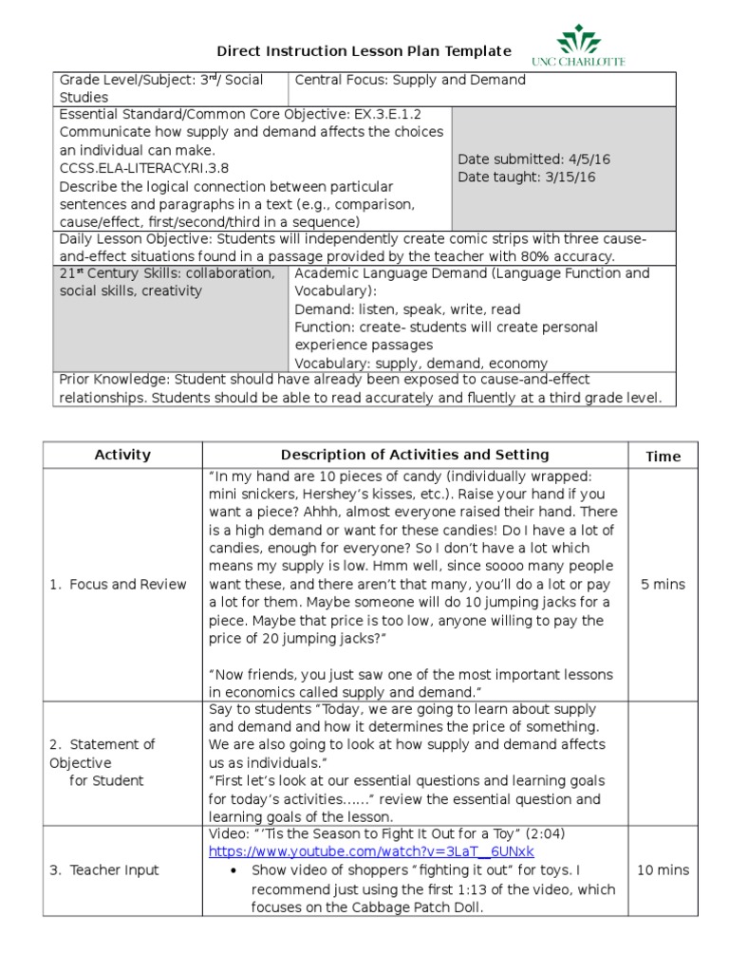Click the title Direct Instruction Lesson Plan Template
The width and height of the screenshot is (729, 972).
(364, 51)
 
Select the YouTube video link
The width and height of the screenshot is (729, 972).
(371, 851)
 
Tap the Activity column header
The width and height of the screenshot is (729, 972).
(122, 455)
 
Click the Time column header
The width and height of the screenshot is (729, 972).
(663, 456)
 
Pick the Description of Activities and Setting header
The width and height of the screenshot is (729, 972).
(415, 455)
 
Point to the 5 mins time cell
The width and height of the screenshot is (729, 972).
(663, 584)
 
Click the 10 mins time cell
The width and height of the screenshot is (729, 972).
(663, 869)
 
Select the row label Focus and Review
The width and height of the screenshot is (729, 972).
(118, 584)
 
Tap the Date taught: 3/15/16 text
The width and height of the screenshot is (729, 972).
(527, 177)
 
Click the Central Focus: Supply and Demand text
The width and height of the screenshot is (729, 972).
(410, 80)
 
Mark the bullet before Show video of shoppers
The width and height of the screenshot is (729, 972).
(233, 870)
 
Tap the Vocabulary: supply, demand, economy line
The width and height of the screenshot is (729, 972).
(421, 363)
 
